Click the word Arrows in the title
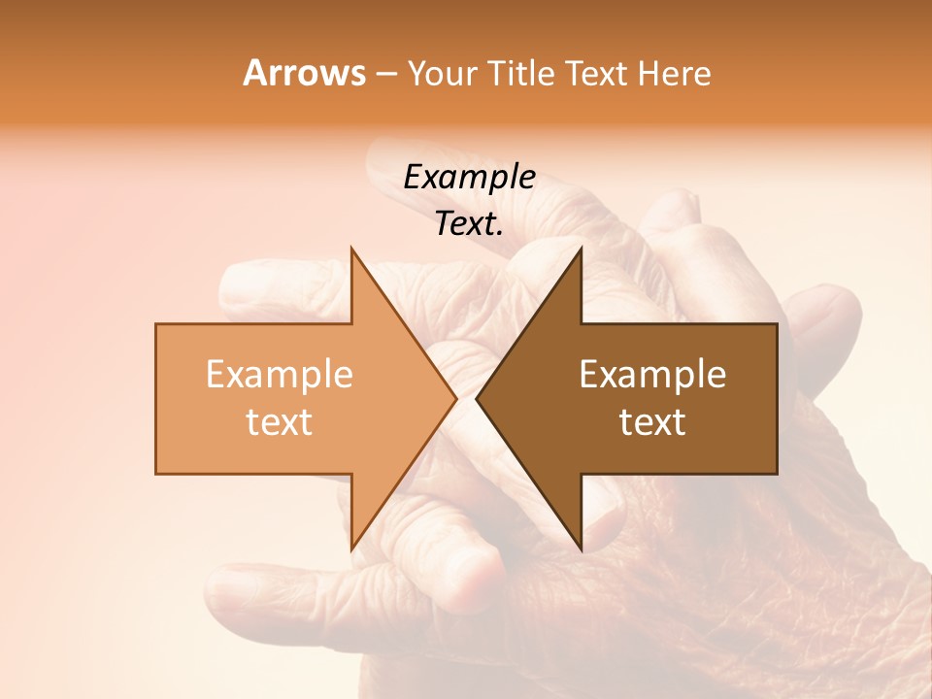tap(304, 73)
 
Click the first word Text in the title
tap(599, 74)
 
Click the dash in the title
tap(386, 75)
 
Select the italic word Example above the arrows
tap(469, 178)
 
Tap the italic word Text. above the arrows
tap(469, 224)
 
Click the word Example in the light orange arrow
tap(279, 375)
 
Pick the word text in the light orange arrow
tap(279, 421)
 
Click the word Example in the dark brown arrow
tap(652, 375)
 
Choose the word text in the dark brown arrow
tap(652, 421)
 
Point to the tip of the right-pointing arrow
tap(455, 398)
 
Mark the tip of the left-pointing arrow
tap(478, 398)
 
